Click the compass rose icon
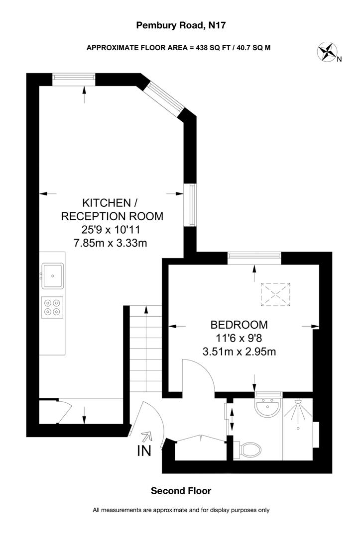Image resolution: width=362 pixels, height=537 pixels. tap(328, 52)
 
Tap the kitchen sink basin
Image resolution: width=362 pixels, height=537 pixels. tap(52, 275)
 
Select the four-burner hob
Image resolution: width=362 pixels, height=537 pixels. tap(52, 306)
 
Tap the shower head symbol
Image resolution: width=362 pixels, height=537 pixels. tap(298, 402)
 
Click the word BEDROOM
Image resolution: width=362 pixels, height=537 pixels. tap(239, 325)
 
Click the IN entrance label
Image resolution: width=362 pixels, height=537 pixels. tap(144, 451)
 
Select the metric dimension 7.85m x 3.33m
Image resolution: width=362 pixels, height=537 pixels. tap(110, 243)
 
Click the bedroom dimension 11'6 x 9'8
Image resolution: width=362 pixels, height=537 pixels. tap(239, 338)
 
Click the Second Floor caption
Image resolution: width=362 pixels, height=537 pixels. tap(181, 491)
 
